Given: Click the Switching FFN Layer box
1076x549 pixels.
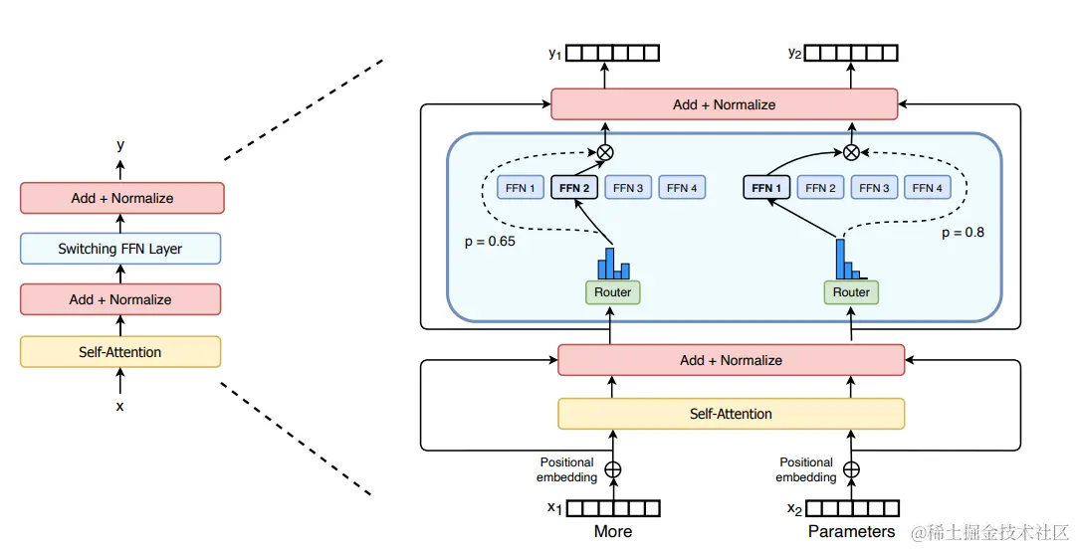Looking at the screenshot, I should (x=120, y=249).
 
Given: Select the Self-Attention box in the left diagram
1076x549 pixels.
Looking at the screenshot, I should (x=120, y=352).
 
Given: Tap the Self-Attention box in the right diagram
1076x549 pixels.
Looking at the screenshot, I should (x=731, y=414).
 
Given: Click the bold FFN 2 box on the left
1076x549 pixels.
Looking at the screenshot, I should (x=575, y=187).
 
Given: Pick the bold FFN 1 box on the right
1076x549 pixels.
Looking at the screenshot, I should (x=767, y=187).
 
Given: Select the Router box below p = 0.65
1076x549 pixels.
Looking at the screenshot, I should (x=612, y=291).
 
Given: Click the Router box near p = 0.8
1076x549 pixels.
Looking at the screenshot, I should (x=851, y=291).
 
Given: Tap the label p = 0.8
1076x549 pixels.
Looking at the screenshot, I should (x=964, y=233).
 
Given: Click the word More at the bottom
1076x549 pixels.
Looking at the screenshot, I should (x=612, y=531).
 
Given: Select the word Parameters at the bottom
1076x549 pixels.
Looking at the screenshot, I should (x=851, y=531).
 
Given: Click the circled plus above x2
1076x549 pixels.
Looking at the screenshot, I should (x=851, y=469).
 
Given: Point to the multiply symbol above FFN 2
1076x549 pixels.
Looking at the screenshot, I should (x=604, y=152).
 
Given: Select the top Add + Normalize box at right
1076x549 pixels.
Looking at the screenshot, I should (x=724, y=104).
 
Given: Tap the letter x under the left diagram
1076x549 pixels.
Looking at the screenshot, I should (x=120, y=406).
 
